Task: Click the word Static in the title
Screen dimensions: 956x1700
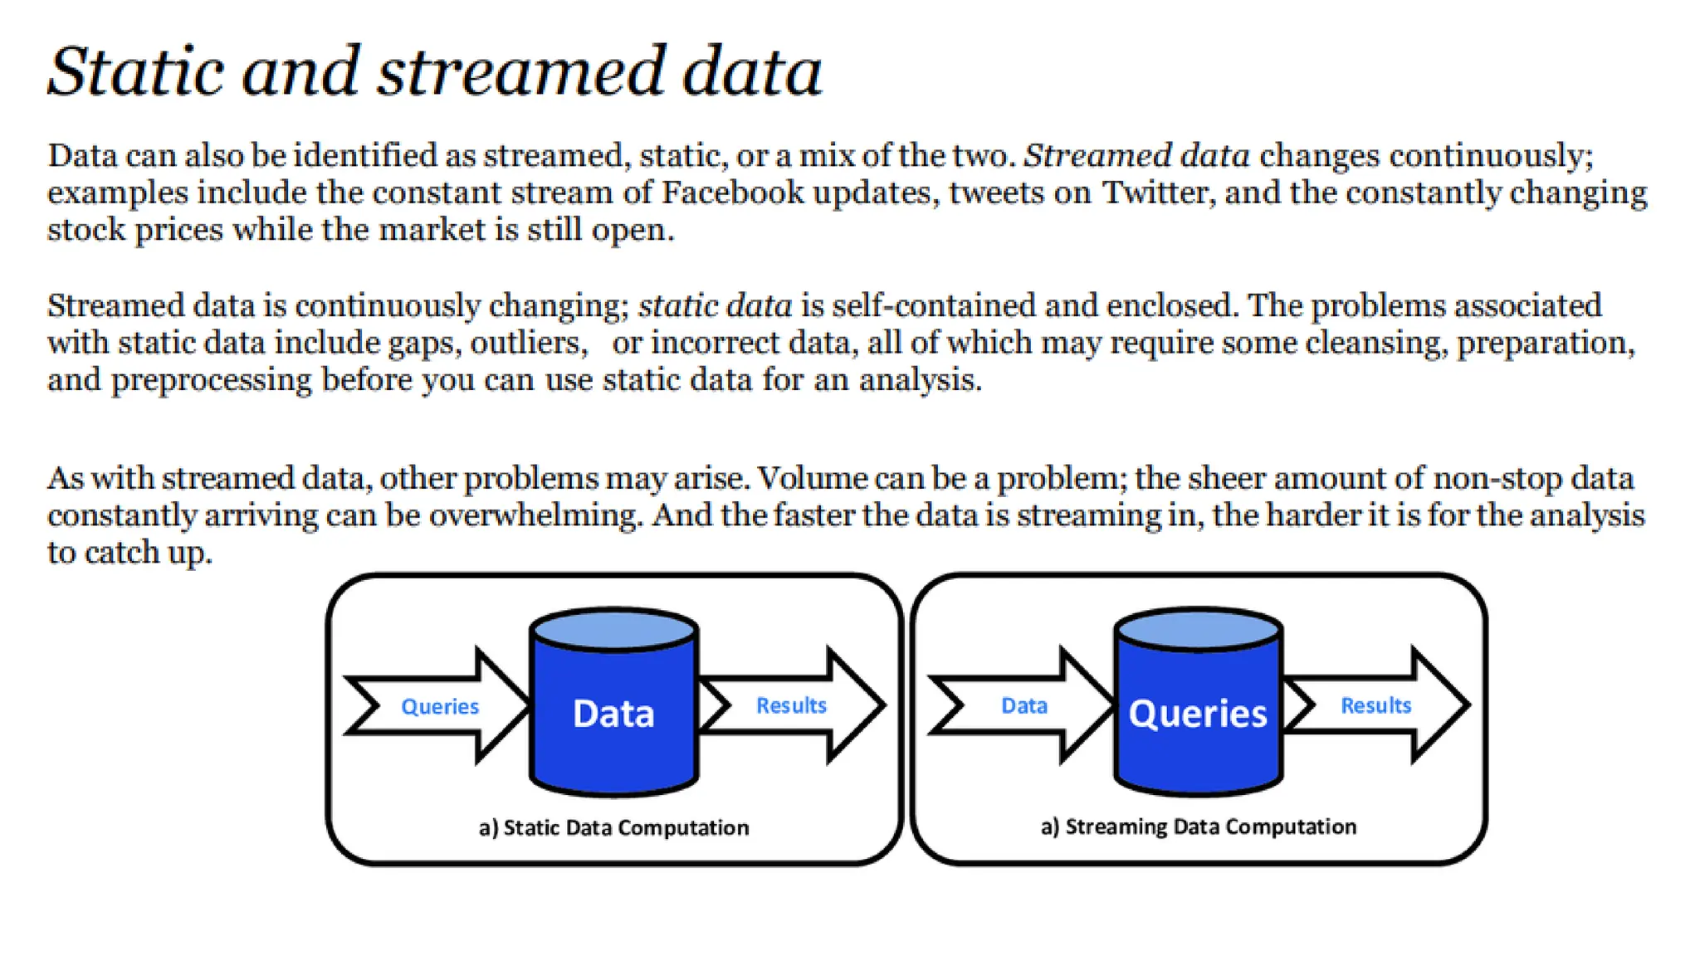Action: (x=135, y=71)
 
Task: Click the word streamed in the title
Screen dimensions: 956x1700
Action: (x=521, y=71)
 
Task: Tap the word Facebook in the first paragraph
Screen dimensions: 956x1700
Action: (x=732, y=193)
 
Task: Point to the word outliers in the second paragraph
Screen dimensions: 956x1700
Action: (x=529, y=343)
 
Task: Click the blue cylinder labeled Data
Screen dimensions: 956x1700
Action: (x=614, y=722)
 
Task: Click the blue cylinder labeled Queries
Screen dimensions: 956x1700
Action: (x=1198, y=722)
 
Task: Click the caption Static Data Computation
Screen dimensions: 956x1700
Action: (x=614, y=827)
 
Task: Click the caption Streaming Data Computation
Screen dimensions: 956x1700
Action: (x=1198, y=827)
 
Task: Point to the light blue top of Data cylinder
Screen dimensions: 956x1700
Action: (x=614, y=629)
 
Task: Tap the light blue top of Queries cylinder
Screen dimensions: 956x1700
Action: (x=1198, y=629)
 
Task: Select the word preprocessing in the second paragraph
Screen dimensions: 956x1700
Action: (x=211, y=380)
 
